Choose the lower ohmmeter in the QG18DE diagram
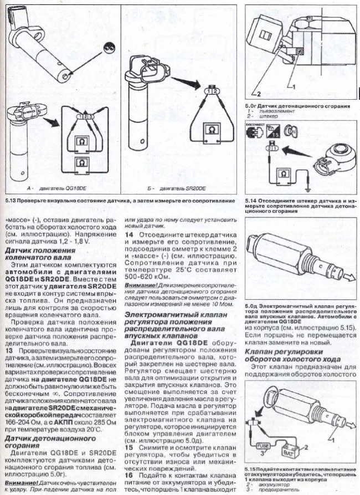[x=82, y=164]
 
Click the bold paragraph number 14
[x=128, y=234]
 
